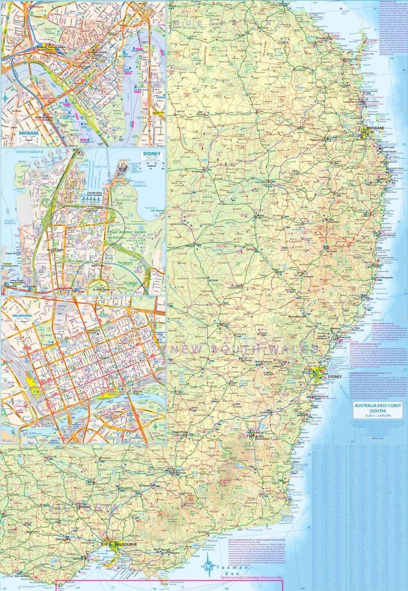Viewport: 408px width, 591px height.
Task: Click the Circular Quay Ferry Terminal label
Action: (x=97, y=197)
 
